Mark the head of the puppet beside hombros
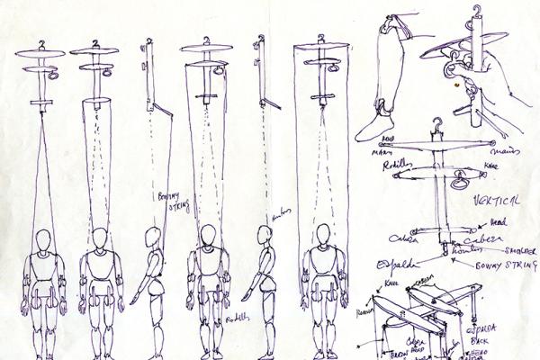pyautogui.click(x=262, y=238)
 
